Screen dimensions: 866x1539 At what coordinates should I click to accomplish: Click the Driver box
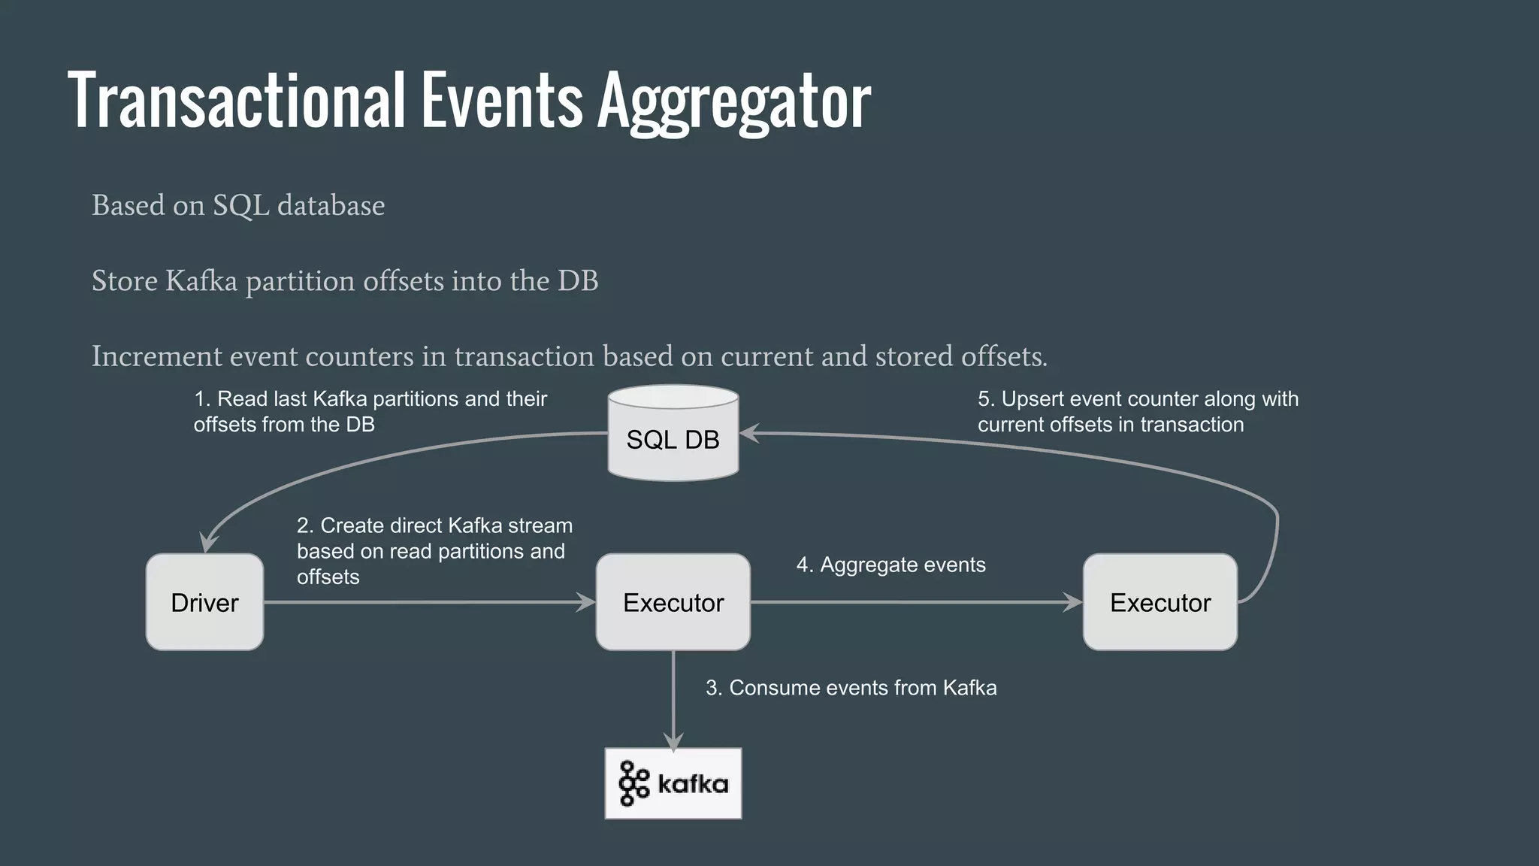(204, 602)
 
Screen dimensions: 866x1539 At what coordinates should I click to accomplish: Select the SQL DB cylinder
(673, 434)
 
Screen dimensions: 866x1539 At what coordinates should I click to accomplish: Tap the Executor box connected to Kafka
(673, 602)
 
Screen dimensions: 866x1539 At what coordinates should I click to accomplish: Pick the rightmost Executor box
(1160, 602)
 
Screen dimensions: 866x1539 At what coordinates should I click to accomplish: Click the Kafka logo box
(673, 783)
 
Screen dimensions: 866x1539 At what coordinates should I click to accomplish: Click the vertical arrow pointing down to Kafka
(673, 699)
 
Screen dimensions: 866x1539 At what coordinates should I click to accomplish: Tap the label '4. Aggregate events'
(890, 565)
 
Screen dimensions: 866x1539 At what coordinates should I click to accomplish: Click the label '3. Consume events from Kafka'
(851, 688)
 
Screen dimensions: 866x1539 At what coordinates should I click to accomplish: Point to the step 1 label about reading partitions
(370, 411)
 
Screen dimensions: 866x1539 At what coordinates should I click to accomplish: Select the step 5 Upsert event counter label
(1138, 411)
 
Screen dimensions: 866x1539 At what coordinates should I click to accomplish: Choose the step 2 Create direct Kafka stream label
(434, 551)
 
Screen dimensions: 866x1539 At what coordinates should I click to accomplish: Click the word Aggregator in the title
(733, 101)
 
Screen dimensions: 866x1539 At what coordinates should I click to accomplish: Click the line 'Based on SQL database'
(238, 205)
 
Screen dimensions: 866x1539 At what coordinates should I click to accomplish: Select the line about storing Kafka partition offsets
(345, 280)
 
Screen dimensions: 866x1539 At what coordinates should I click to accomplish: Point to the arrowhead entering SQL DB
(750, 433)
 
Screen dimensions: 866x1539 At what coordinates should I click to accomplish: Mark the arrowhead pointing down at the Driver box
(208, 544)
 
